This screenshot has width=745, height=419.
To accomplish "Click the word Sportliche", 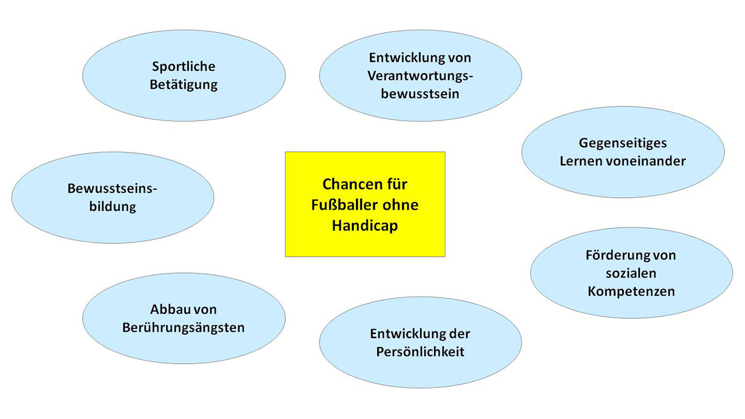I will point(184,67).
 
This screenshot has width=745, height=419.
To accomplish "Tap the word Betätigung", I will point(184,85).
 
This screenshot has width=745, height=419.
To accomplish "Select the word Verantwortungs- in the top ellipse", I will point(420,76).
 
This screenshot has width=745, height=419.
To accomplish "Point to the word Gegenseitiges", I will point(623,143).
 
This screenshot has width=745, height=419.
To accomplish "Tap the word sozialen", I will point(631,273).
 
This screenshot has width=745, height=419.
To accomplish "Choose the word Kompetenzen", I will point(631,291).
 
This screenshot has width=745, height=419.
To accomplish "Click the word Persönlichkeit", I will point(420,352).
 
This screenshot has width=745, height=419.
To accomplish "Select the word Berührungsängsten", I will point(184,328).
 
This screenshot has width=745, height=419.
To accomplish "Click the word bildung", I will point(112,207).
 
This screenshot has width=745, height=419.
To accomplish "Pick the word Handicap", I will point(365,225).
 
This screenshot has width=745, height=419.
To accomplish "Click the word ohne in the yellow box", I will point(400,205).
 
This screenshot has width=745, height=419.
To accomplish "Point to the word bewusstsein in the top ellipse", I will point(420,94).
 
